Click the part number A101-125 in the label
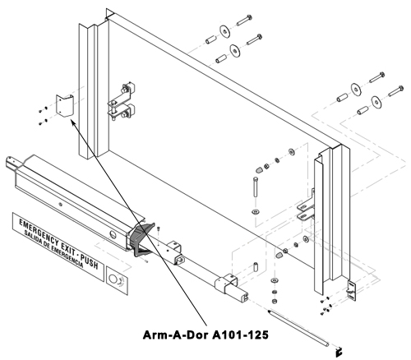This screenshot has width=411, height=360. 241,335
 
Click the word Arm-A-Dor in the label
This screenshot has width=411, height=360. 177,335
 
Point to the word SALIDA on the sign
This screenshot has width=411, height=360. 31,237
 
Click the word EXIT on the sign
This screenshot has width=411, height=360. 67,249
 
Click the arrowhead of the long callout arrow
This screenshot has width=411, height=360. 73,122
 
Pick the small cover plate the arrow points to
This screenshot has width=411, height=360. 65,106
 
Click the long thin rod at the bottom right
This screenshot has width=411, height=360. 298,328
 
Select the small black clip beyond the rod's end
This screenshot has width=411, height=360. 339,352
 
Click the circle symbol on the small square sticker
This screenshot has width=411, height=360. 113,279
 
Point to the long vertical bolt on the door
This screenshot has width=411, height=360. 256,187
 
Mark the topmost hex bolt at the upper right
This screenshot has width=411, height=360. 244,21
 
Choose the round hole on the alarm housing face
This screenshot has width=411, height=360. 113,234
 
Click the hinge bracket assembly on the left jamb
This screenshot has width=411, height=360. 122,101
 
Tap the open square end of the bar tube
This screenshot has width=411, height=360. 244,298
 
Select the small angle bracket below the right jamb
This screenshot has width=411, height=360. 352,291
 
